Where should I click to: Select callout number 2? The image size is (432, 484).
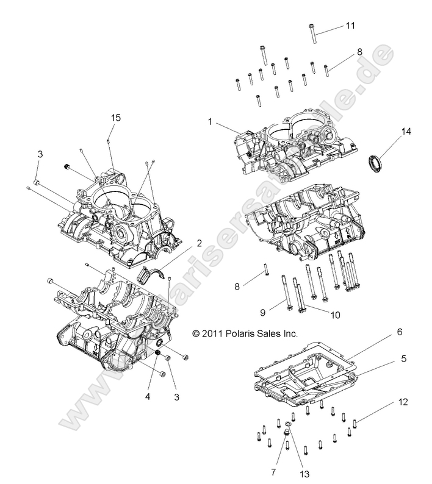181,243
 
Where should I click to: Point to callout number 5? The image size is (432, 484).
403,359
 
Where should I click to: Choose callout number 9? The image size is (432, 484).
262,313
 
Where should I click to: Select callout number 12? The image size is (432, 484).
401,402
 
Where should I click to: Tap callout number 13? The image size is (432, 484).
303,455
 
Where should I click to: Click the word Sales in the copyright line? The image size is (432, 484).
272,333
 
